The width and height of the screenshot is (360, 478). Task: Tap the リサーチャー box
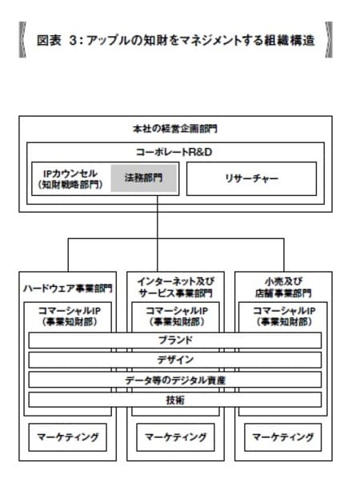(250, 178)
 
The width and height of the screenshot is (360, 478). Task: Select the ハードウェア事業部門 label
(67, 288)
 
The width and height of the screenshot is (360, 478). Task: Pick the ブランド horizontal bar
(175, 340)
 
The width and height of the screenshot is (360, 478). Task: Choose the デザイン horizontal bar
(175, 360)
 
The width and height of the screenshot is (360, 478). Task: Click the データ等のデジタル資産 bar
(175, 380)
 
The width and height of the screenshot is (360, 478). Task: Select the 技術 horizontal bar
(175, 400)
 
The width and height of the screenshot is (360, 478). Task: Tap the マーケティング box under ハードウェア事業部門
(67, 437)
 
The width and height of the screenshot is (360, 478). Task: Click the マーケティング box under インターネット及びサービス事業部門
(175, 437)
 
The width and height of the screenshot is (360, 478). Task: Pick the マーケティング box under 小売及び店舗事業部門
(282, 437)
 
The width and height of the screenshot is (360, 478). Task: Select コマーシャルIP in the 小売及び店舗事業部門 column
(282, 311)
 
